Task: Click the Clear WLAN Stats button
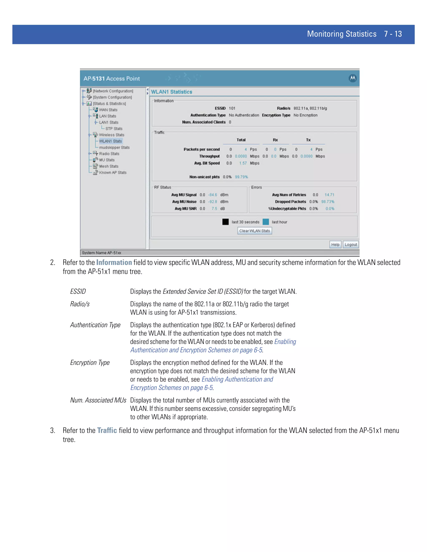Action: [x=255, y=231]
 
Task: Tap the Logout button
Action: [x=351, y=245]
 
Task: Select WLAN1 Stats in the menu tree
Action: [x=110, y=141]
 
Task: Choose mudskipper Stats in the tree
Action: [x=114, y=147]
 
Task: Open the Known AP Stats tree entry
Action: [x=113, y=173]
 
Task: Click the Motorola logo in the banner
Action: [x=353, y=78]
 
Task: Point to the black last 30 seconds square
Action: [x=225, y=222]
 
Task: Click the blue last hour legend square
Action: [x=266, y=222]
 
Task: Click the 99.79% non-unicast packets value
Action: [x=241, y=177]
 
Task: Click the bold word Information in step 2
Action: [x=114, y=263]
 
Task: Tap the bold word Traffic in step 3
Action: [x=107, y=430]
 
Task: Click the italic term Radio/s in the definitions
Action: [x=80, y=304]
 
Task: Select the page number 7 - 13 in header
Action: [x=393, y=34]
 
